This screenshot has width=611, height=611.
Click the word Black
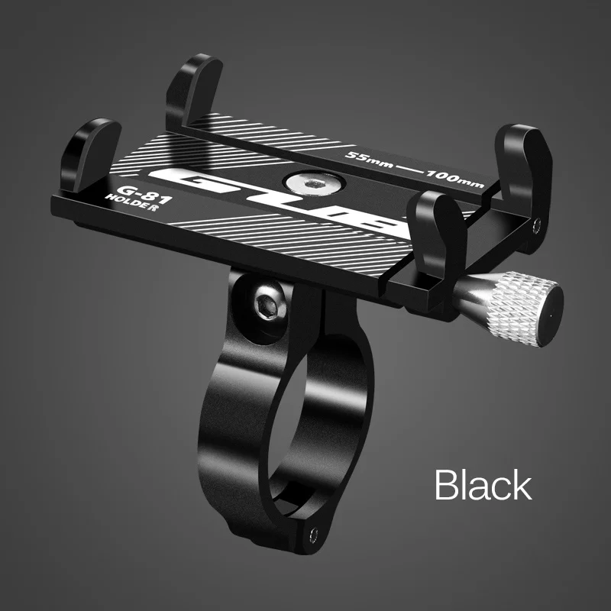point(483,484)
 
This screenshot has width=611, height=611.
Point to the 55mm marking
point(369,159)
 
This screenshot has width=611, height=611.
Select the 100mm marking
point(454,179)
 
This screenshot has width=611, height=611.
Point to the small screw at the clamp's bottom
point(313,534)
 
